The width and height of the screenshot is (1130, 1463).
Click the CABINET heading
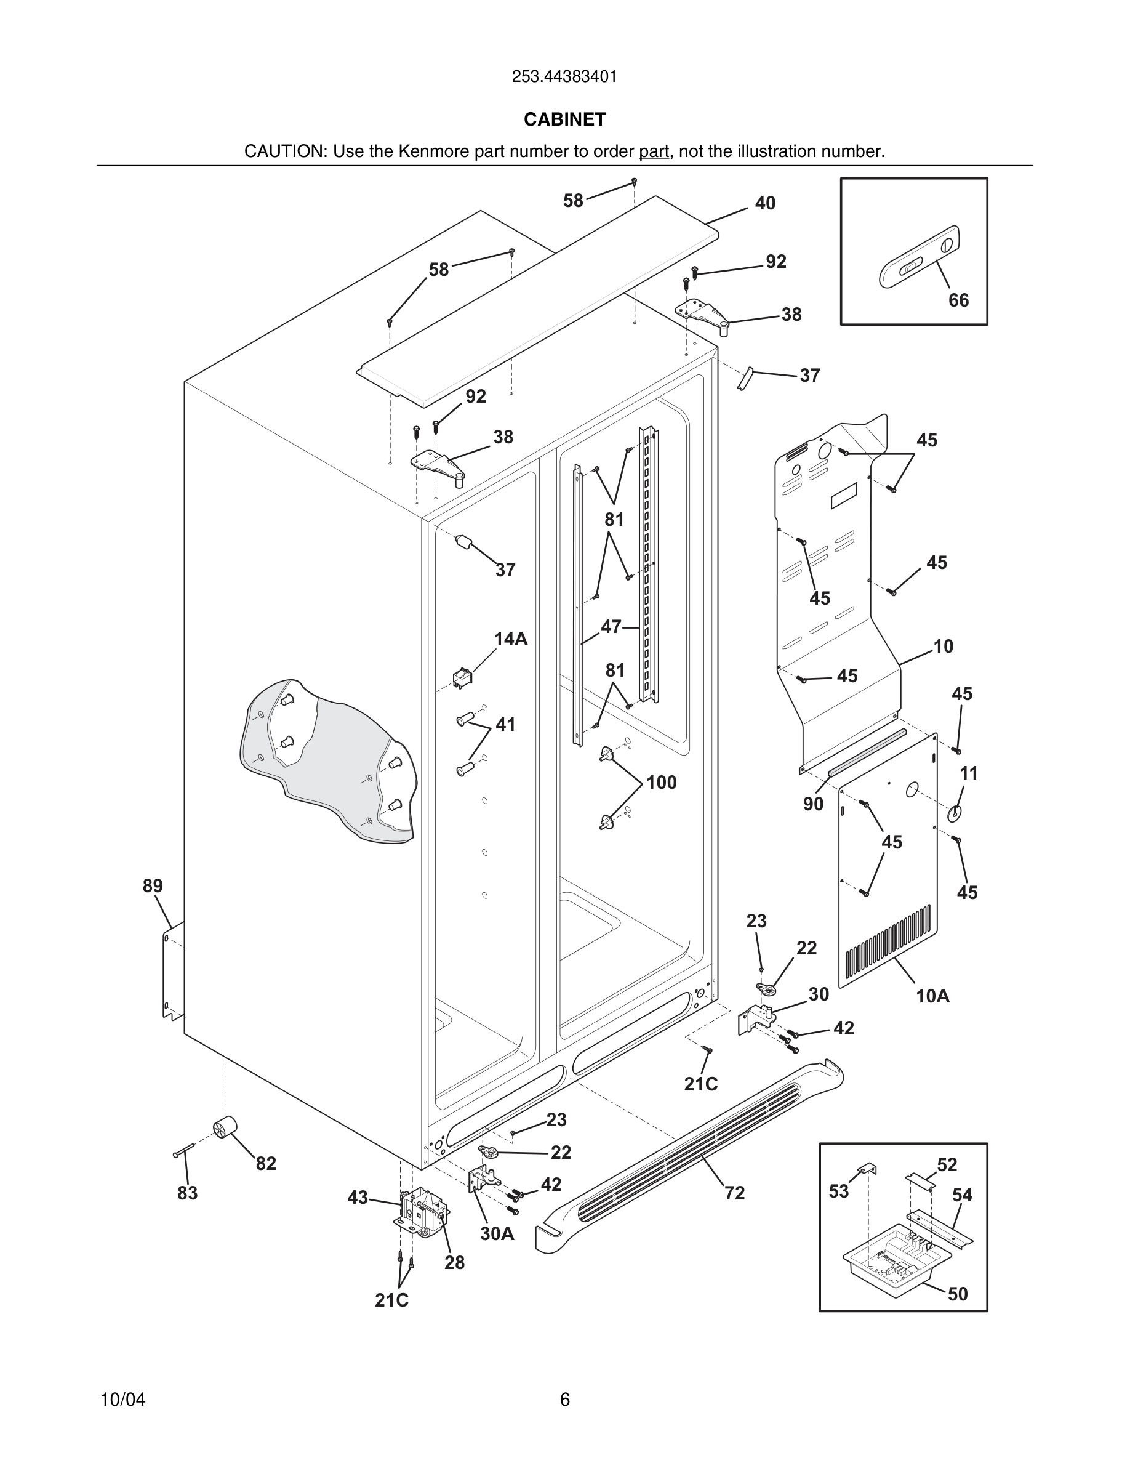(564, 119)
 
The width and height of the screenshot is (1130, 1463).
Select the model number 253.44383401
(564, 77)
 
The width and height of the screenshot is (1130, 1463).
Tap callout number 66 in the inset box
(958, 300)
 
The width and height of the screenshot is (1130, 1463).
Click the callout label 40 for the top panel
(764, 203)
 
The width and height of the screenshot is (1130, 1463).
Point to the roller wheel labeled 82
(226, 1129)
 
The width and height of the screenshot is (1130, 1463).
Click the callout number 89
(153, 885)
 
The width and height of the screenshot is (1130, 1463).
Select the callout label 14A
(511, 639)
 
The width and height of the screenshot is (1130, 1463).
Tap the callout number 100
(661, 783)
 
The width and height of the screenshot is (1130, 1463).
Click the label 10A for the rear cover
(932, 996)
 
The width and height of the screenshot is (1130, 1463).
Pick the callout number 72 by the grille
(734, 1193)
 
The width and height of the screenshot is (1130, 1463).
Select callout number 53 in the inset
(838, 1191)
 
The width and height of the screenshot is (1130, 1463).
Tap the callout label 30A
(497, 1234)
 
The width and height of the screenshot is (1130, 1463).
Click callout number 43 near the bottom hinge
(358, 1197)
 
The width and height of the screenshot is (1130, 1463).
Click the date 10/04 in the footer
(122, 1400)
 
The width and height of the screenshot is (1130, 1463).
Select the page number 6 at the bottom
(564, 1400)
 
